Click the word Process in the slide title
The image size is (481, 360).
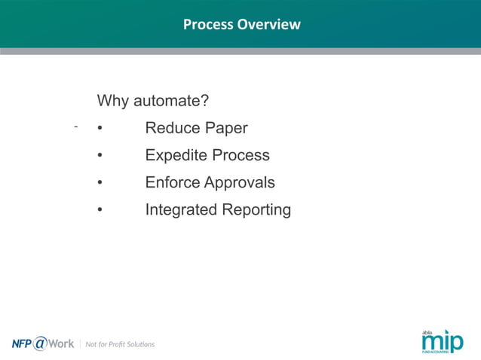pos(208,25)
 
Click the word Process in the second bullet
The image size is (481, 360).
pos(240,155)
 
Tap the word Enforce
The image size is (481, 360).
pos(173,182)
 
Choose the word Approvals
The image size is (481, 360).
pos(240,183)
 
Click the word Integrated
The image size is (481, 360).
pos(181,210)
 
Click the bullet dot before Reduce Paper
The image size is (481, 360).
pos(100,129)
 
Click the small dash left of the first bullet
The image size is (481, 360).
pos(76,127)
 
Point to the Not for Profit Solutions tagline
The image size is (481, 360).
pos(120,344)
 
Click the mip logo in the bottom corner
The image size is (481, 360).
pos(443,341)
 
